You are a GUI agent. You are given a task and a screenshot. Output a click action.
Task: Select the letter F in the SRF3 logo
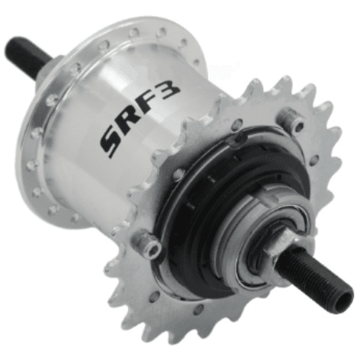(149, 104)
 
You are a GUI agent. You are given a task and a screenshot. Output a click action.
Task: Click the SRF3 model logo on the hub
(140, 119)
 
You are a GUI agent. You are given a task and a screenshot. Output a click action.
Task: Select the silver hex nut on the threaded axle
(281, 249)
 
